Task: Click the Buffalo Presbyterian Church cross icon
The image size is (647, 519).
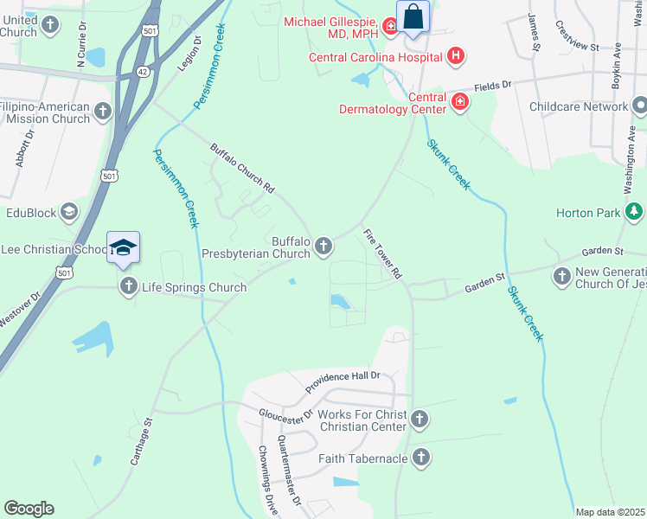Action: [323, 247]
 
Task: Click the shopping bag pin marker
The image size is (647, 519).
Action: [413, 16]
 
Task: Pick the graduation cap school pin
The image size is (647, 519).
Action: [123, 247]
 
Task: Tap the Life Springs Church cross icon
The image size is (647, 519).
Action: [128, 286]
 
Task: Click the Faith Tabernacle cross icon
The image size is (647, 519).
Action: [421, 458]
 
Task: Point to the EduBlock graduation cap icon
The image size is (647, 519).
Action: [68, 212]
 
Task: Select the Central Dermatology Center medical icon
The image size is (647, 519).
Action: [460, 103]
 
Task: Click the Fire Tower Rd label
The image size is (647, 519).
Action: [382, 253]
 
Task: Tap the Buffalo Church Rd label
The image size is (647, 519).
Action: [243, 169]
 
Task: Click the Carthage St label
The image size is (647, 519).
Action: [140, 444]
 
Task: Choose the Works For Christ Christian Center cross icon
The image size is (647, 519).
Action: [420, 420]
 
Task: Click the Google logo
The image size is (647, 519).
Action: [29, 509]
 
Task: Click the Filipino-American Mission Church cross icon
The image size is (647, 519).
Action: [103, 112]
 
